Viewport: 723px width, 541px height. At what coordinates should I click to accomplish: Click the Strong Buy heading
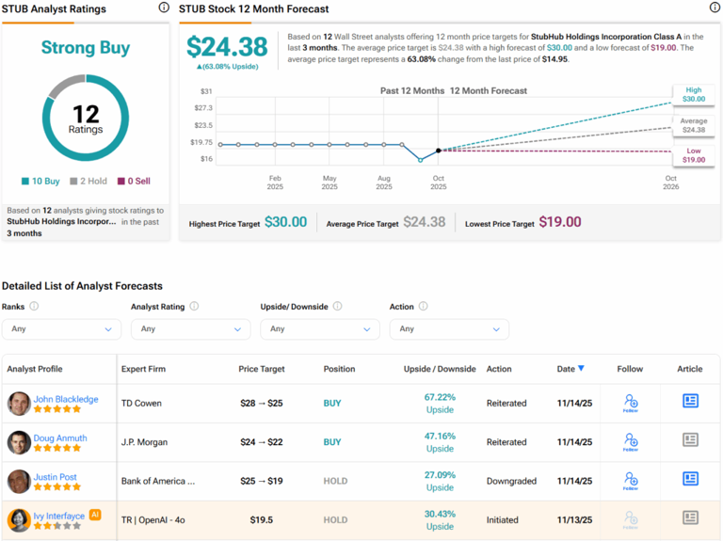(x=86, y=47)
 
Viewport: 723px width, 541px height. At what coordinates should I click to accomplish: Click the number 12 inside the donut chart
(x=86, y=115)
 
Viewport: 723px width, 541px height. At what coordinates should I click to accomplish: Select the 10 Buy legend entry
(x=43, y=182)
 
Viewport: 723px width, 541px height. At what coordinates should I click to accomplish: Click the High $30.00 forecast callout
(x=693, y=94)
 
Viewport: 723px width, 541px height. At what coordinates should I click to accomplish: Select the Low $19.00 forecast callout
(x=693, y=155)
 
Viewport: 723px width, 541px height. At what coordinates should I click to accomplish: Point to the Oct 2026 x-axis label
(x=670, y=183)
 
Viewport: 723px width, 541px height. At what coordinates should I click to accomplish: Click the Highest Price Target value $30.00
(x=286, y=222)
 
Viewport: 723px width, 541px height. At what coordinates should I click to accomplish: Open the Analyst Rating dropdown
(x=190, y=329)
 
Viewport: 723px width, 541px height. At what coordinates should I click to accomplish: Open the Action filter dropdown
(x=449, y=329)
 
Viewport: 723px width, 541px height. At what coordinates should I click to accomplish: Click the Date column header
(x=570, y=369)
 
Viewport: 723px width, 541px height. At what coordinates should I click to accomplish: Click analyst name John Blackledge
(x=66, y=399)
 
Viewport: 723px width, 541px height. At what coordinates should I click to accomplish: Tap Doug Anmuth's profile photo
(x=19, y=442)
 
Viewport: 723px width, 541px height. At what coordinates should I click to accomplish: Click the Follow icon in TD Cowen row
(x=631, y=403)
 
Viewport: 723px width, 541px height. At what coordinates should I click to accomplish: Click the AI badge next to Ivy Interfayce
(x=95, y=515)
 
